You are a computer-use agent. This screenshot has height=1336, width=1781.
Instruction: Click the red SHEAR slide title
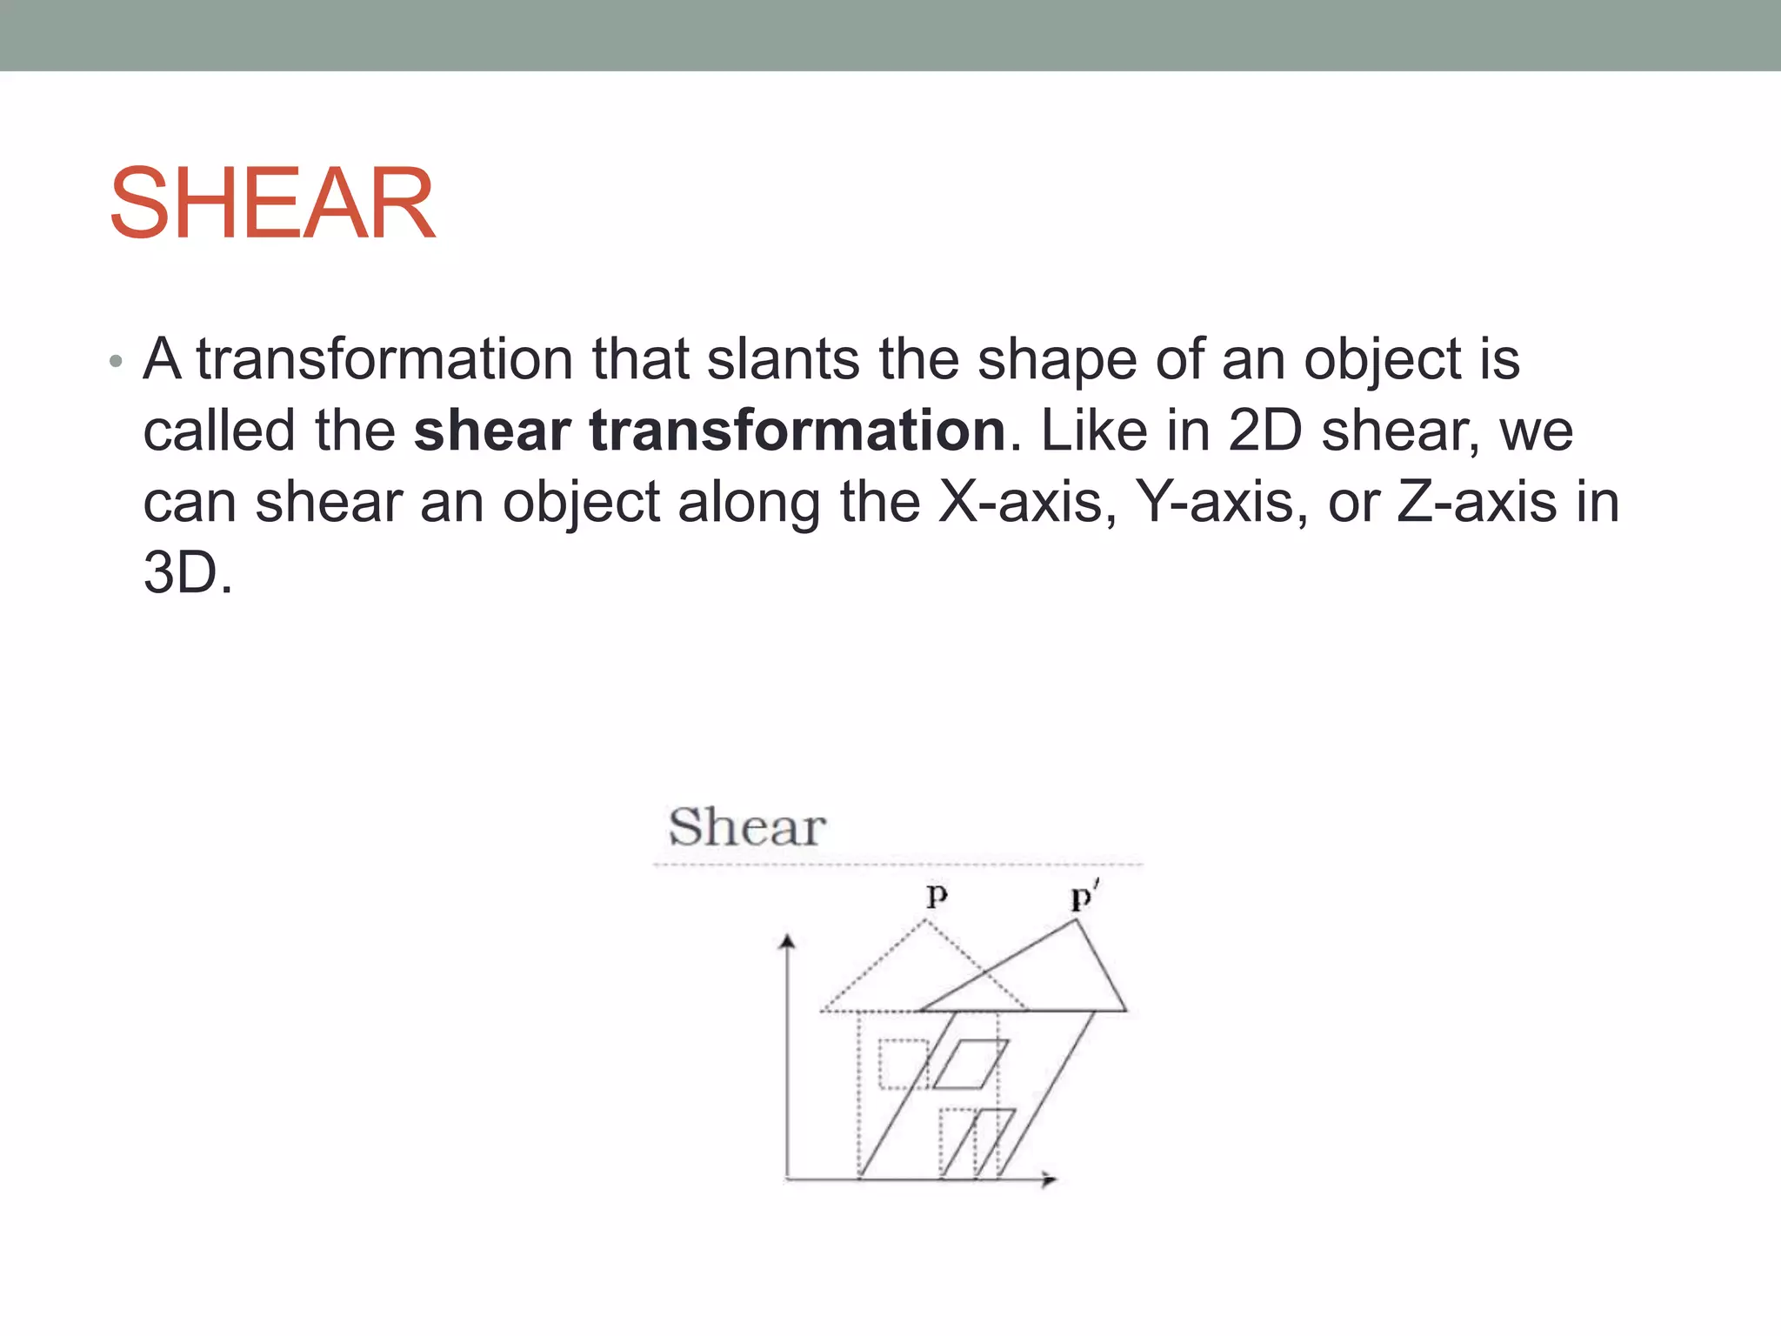(x=272, y=204)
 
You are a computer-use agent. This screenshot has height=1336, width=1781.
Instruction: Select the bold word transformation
(x=797, y=431)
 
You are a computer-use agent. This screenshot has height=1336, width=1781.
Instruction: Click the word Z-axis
(x=1476, y=503)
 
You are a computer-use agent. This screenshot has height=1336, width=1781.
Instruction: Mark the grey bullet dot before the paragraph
(x=117, y=362)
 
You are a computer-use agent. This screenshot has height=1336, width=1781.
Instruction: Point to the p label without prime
(x=937, y=895)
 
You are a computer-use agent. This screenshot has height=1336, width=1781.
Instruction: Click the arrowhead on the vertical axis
(x=788, y=942)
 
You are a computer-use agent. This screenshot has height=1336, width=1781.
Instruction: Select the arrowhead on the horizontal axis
(x=1051, y=1179)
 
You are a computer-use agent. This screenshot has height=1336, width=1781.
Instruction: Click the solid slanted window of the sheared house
(x=970, y=1064)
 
